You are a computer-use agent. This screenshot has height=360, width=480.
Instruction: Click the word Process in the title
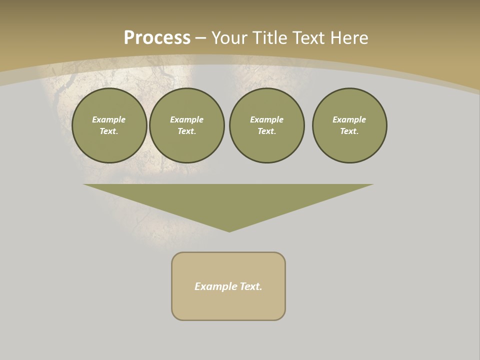coord(157,38)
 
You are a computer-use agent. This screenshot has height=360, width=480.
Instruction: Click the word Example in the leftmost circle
coord(109,119)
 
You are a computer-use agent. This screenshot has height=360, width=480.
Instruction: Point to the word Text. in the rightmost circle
coord(349,131)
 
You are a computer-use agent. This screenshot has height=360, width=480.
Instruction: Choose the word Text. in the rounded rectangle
coord(251,286)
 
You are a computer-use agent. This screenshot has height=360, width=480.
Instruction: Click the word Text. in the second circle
coord(187,131)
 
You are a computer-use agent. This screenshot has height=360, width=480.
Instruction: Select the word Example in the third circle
coord(267,119)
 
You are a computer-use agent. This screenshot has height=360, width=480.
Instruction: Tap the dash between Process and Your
coord(200,38)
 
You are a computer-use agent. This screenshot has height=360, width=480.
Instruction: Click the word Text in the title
coord(308,38)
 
